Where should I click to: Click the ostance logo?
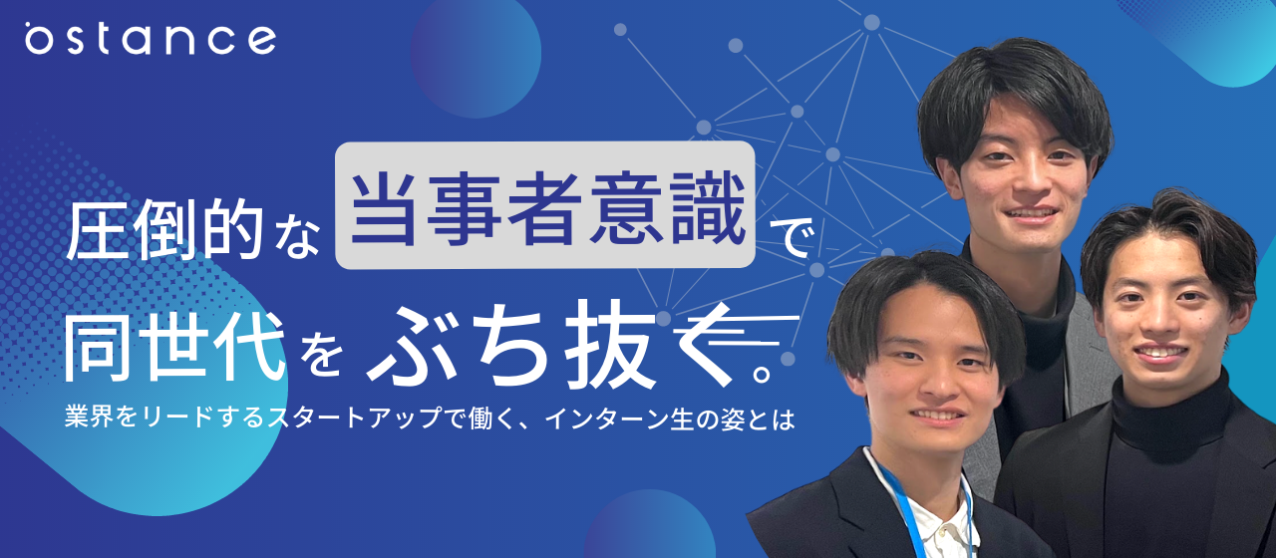(x=151, y=39)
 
